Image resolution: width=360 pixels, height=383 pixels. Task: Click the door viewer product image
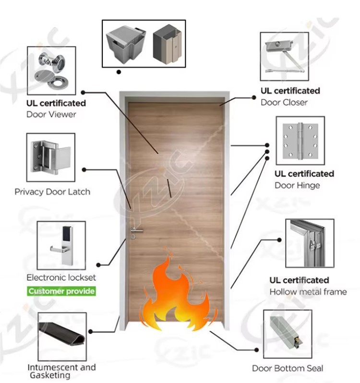click(51, 71)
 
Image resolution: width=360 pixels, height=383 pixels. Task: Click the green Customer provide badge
click(61, 291)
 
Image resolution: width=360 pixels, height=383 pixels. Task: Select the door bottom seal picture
click(288, 334)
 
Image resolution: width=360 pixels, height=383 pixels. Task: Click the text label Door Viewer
click(51, 114)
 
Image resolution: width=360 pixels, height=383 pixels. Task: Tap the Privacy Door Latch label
click(52, 191)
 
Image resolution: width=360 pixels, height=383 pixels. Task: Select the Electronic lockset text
click(61, 277)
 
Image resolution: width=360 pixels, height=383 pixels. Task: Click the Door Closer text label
click(284, 102)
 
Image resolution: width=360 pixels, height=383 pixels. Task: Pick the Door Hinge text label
click(297, 185)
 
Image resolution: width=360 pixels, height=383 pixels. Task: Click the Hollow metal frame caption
click(308, 291)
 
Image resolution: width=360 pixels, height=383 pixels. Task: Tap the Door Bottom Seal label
click(288, 368)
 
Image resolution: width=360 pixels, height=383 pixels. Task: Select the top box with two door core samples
click(144, 43)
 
